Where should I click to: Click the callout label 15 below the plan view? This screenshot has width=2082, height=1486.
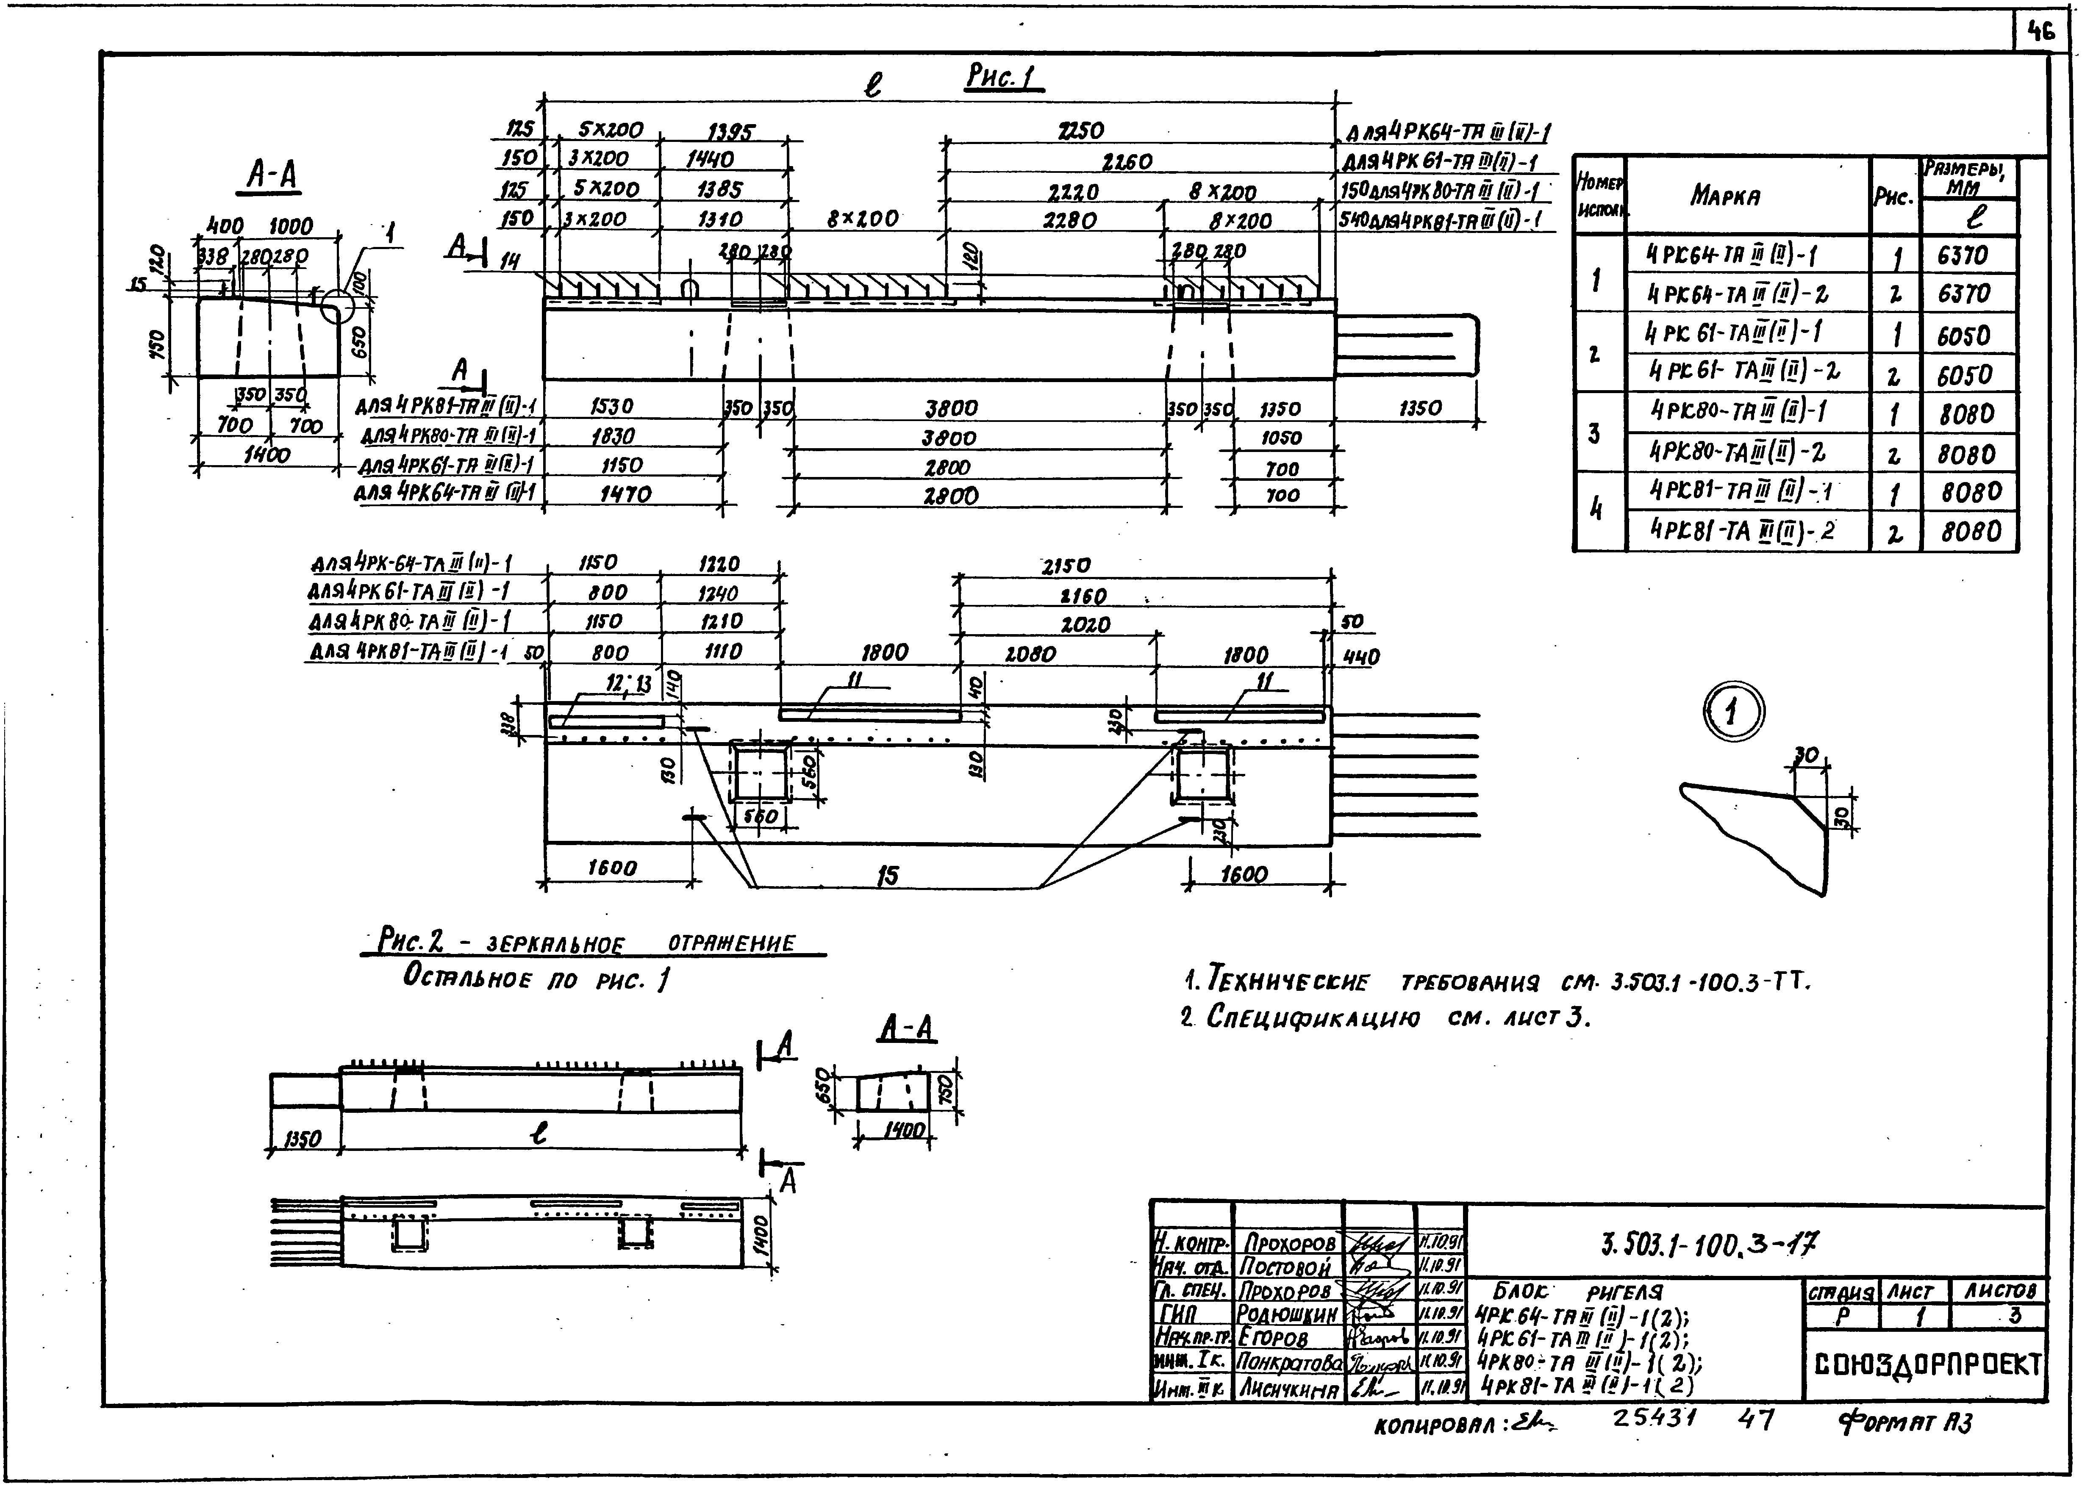(x=887, y=876)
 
